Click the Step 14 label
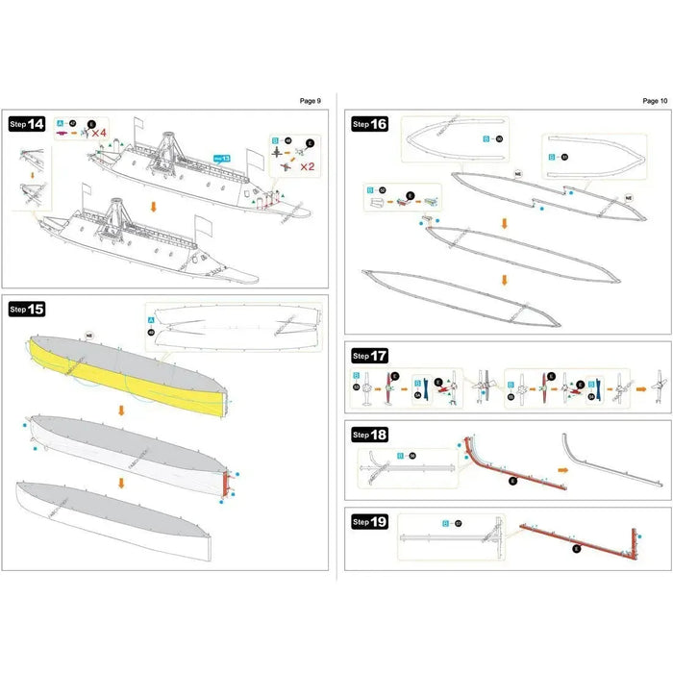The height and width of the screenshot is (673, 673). pos(27,124)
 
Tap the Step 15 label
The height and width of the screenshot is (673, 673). pos(27,309)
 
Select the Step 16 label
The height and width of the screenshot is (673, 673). pos(369,124)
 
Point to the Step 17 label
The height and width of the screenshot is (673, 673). pos(369,356)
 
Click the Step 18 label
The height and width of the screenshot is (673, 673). pos(369,435)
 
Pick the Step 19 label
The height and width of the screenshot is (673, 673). pos(369,522)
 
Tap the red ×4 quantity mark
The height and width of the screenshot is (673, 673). pos(98,133)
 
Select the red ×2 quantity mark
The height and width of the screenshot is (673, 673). pos(309,165)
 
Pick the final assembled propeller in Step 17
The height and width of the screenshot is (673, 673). pos(658,385)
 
